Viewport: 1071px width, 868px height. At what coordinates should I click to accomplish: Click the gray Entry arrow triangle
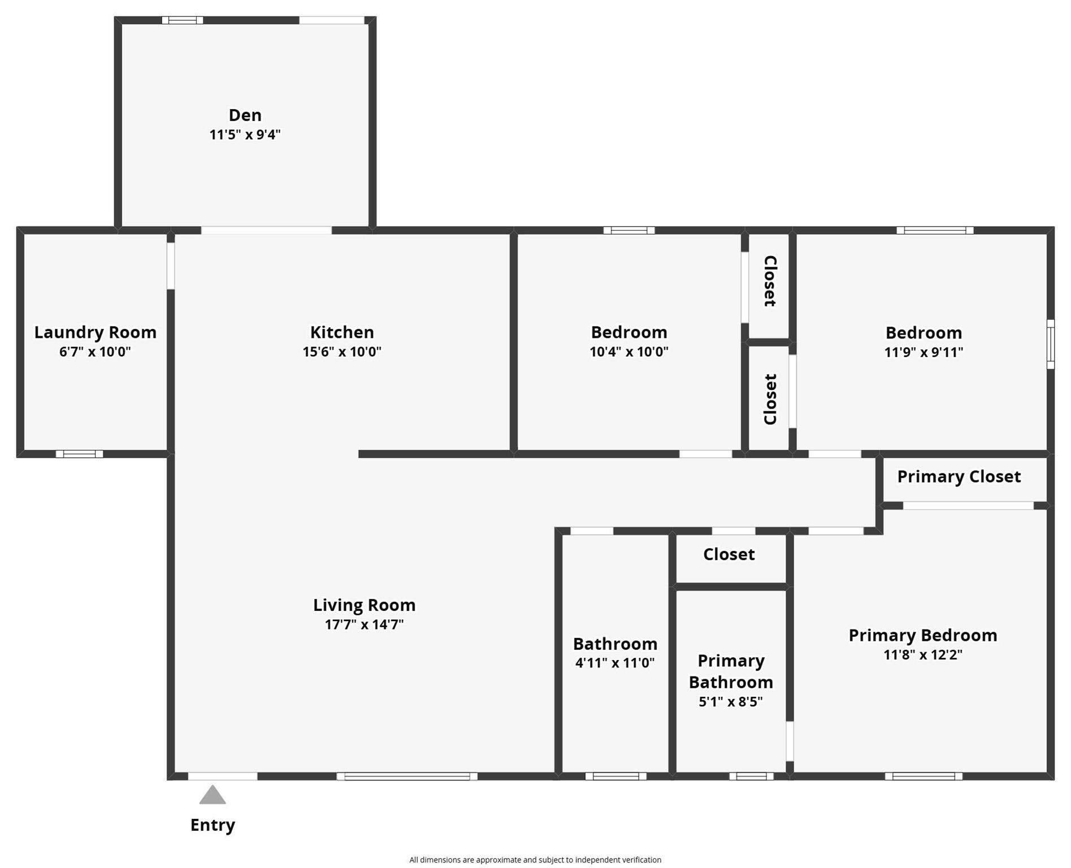pos(213,796)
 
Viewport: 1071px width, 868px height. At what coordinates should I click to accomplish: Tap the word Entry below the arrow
pos(213,825)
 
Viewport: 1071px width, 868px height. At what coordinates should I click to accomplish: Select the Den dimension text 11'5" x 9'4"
pos(245,135)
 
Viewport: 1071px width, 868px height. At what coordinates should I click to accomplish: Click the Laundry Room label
pos(95,332)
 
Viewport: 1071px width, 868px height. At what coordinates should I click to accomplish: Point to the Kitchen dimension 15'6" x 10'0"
pos(341,351)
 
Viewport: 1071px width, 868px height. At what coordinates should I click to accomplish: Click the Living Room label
pos(364,605)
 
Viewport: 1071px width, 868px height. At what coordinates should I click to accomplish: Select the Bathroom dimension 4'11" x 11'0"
pos(614,663)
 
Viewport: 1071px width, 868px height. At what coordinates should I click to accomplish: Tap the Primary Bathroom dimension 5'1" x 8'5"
pos(730,702)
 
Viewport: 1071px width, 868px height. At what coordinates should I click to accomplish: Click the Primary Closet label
pos(959,477)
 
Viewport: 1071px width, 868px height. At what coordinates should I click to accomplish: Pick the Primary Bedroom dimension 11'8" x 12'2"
pos(922,655)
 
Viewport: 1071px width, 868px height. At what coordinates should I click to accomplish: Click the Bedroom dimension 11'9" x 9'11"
pos(923,353)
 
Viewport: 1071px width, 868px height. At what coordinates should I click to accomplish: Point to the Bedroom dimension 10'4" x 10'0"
pos(628,351)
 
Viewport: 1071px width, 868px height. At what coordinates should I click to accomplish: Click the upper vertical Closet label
pos(769,281)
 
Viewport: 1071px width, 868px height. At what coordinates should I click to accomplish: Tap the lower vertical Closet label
pos(769,399)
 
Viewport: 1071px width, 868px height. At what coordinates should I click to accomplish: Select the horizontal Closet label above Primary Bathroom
pos(729,554)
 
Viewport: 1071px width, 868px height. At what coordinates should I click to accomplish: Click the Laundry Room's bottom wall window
pos(79,454)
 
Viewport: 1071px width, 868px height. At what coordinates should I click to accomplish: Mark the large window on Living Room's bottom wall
pos(407,776)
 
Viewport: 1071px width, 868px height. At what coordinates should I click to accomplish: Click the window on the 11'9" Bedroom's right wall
pos(1050,344)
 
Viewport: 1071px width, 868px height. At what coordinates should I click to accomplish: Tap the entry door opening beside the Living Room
pos(222,776)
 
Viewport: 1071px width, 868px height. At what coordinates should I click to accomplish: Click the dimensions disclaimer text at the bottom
pos(535,860)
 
